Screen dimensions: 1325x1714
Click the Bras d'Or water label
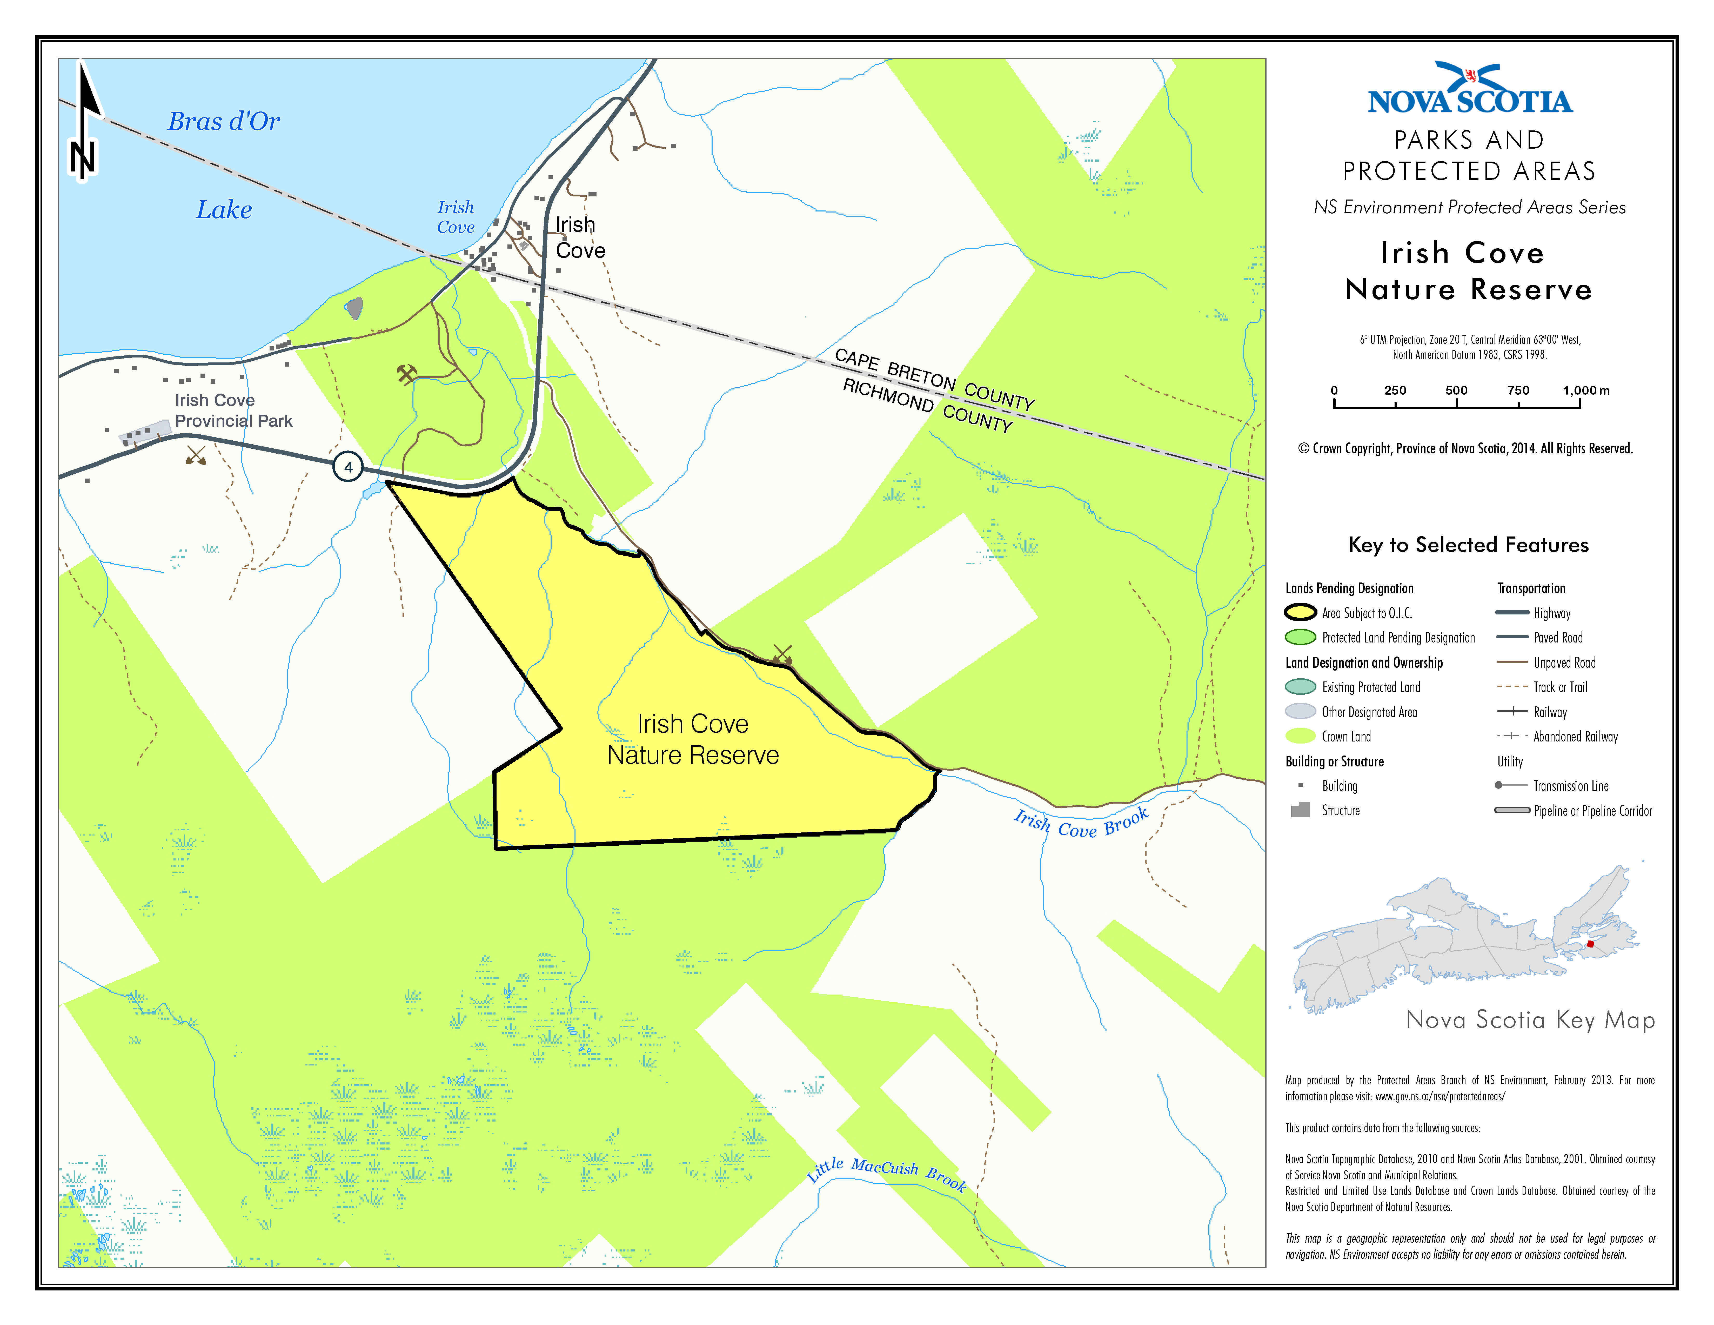click(224, 122)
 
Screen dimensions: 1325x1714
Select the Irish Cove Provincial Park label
click(233, 410)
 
